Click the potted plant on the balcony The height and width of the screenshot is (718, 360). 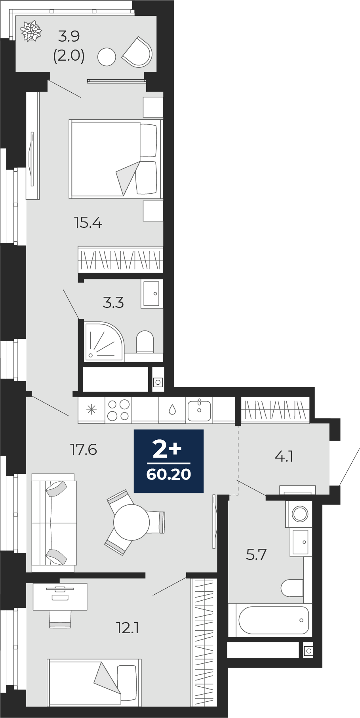coord(31,31)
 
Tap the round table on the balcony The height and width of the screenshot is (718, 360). coord(107,57)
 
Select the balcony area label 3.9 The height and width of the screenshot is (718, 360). coord(69,36)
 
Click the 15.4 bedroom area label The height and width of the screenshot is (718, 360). coord(88,223)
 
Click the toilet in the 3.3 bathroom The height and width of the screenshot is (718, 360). coord(145,342)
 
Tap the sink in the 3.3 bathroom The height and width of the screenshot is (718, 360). coord(152,294)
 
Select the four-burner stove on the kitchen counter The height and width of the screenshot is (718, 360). coord(118,410)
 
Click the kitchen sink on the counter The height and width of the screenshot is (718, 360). coord(199,410)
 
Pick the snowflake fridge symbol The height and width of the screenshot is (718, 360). coord(91,410)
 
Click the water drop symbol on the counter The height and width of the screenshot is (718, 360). coord(172,410)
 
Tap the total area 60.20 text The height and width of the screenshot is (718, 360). coord(169,474)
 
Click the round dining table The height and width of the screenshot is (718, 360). coord(131,522)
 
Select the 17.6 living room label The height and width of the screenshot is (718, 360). coord(84,450)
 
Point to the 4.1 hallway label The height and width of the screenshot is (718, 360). coord(284,456)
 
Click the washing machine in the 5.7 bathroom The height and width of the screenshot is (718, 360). coord(299,514)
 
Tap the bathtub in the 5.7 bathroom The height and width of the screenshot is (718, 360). coord(273,621)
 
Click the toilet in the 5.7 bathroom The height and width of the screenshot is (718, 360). coord(292,588)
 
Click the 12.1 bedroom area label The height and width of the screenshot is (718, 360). coord(128,628)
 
